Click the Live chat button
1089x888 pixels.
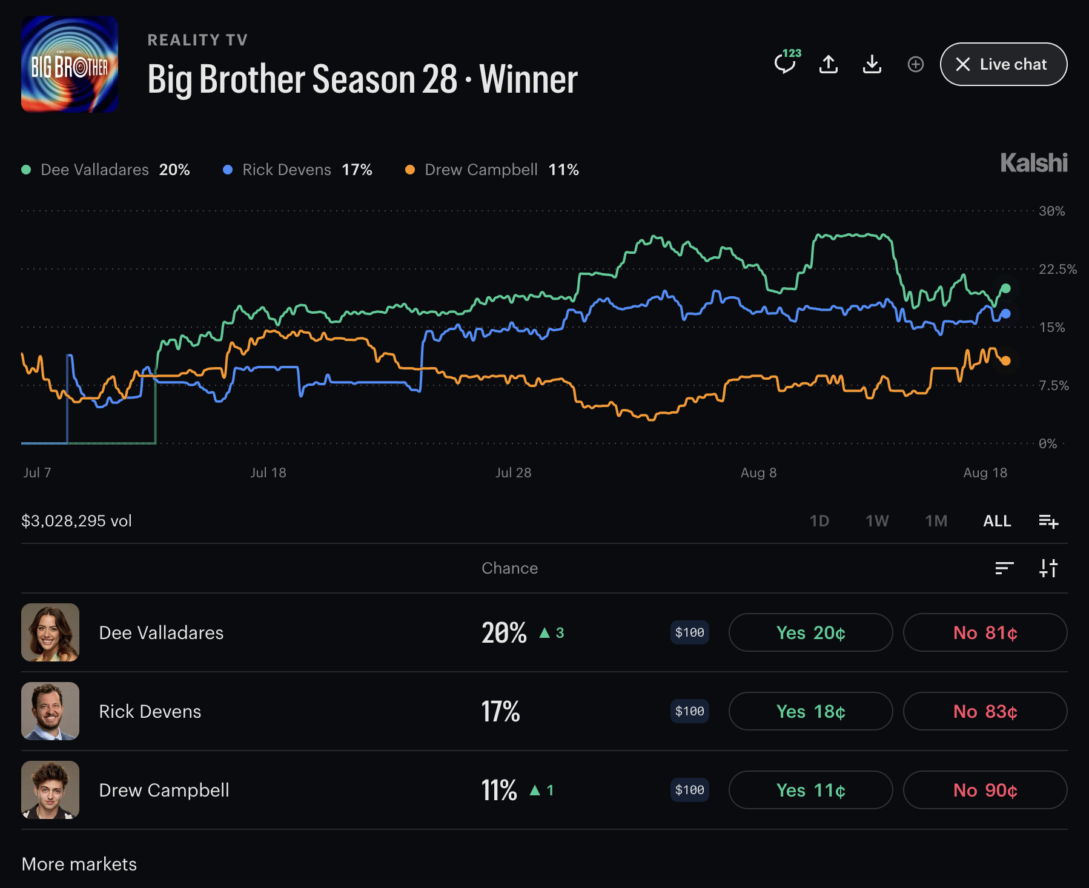(x=1003, y=64)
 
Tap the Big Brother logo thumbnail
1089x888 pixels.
(x=70, y=64)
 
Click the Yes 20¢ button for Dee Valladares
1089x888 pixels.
(x=810, y=632)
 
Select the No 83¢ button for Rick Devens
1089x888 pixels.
(x=985, y=711)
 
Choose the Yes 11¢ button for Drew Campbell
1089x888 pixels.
(x=810, y=790)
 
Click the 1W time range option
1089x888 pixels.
(x=877, y=521)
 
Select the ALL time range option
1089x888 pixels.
(x=997, y=521)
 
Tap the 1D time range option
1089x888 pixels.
(x=819, y=521)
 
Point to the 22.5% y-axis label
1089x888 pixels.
(x=1058, y=269)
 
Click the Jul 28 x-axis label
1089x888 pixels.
(x=513, y=472)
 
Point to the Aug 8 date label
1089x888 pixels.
(x=758, y=472)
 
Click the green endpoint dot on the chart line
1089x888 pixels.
(x=1006, y=288)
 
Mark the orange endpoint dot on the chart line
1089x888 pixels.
(x=1006, y=361)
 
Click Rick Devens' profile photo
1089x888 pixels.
(x=50, y=711)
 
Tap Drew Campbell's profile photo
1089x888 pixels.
(x=50, y=790)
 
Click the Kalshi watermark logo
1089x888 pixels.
(x=1034, y=163)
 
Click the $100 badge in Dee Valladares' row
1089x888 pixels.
(x=689, y=632)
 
